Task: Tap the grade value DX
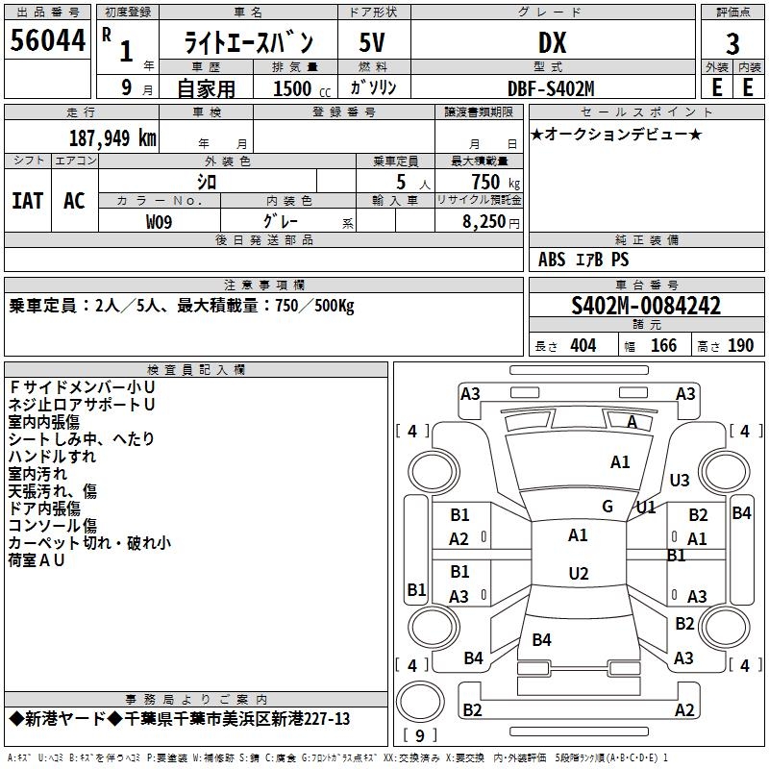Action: (552, 42)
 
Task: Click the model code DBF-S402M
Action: (552, 87)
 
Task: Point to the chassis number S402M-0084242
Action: (646, 307)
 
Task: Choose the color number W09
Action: (161, 221)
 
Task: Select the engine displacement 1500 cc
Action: (294, 88)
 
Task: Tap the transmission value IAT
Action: (27, 200)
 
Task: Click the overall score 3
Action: (732, 43)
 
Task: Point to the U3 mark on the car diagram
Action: (680, 480)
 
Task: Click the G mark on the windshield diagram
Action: (608, 507)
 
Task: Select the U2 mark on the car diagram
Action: (578, 574)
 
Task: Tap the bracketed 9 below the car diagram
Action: (419, 736)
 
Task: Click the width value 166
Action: (663, 346)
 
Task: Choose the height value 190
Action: (740, 346)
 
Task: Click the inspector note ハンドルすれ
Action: (53, 456)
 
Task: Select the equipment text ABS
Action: (552, 260)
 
